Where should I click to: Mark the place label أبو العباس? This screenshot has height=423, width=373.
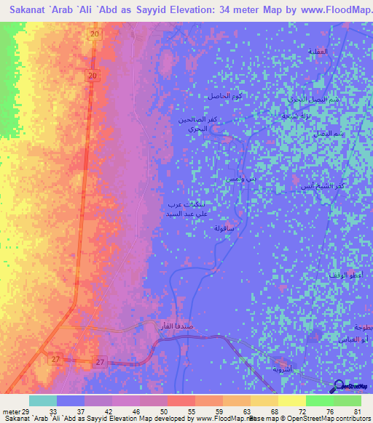pyautogui.click(x=353, y=340)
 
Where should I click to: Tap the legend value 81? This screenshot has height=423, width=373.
pyautogui.click(x=357, y=412)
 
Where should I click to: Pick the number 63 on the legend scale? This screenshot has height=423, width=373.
pyautogui.click(x=237, y=412)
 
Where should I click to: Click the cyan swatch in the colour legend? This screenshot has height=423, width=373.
pyautogui.click(x=43, y=400)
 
